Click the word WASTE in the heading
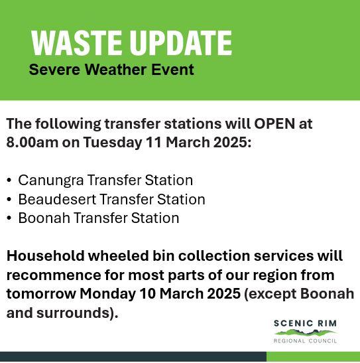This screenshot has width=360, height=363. point(76,43)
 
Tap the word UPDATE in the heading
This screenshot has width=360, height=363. point(181,43)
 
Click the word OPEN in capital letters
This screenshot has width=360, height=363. point(274,124)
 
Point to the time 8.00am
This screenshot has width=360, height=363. point(32,142)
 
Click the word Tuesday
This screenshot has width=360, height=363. point(113,143)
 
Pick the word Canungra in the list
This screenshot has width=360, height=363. point(51,181)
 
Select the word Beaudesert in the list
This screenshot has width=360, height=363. point(57,199)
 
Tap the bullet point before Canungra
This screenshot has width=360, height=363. point(9,180)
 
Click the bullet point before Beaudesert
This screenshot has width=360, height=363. point(9,199)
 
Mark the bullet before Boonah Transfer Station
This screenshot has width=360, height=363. point(9,218)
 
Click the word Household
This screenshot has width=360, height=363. point(45,256)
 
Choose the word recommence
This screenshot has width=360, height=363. point(54,275)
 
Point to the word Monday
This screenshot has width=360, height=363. point(107,294)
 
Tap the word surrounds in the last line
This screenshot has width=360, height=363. point(73,313)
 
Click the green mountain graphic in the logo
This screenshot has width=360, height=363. point(305,333)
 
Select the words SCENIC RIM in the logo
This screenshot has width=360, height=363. point(305,323)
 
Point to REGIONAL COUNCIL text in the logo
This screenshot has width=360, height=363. point(305,341)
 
